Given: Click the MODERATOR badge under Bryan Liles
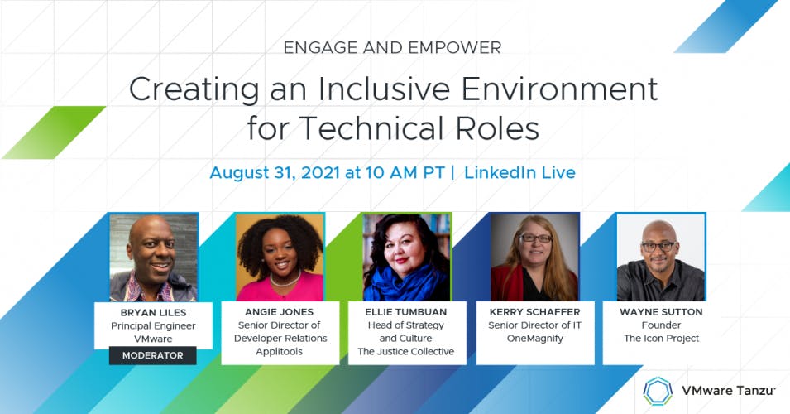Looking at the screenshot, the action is [153, 355].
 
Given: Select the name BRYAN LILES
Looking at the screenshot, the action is [153, 313].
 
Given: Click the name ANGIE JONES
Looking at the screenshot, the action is [279, 312].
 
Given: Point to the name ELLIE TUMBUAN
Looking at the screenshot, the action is [406, 312].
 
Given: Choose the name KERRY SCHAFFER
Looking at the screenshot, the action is [534, 312].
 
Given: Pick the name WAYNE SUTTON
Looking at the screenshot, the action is [661, 312].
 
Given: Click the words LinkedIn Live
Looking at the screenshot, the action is [519, 172].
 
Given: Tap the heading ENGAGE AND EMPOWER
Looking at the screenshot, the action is [392, 48].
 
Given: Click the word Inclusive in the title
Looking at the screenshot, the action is [383, 89].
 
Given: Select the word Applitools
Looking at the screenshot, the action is [279, 351].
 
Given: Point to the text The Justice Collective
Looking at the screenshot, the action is [406, 351].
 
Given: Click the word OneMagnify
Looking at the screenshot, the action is [535, 339].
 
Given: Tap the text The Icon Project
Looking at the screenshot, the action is [661, 339].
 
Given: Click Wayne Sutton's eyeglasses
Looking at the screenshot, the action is [658, 246].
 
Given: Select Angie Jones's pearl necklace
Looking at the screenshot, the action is [285, 279].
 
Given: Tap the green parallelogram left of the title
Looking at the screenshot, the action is [54, 132].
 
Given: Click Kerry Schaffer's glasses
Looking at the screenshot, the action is [535, 238].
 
